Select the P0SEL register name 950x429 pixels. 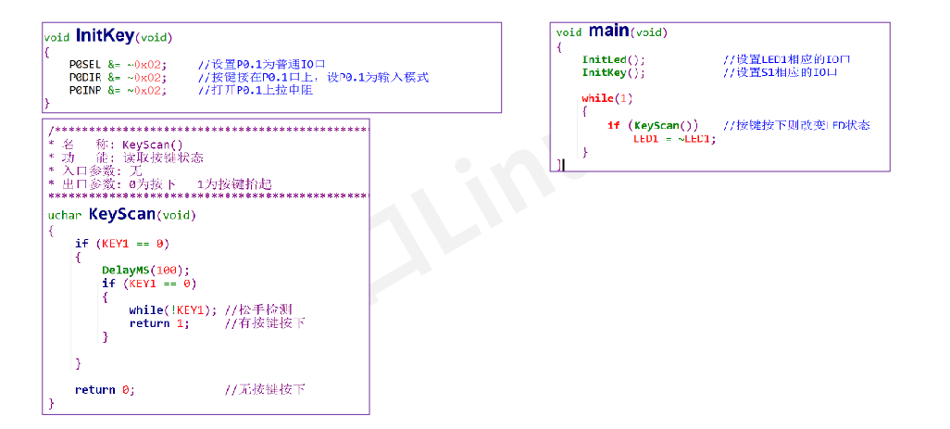(x=85, y=64)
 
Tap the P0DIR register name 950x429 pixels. (x=85, y=77)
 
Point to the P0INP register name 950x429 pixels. (x=85, y=90)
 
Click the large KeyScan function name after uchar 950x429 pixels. (x=121, y=214)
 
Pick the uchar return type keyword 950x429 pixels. (x=64, y=216)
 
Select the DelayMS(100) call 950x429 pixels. (x=145, y=271)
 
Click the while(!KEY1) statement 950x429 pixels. (x=172, y=309)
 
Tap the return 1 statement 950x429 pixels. (x=158, y=322)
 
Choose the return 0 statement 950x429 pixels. (x=105, y=389)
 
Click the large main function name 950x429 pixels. (x=608, y=31)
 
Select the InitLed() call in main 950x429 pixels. (x=612, y=59)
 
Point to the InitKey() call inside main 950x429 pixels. (x=612, y=72)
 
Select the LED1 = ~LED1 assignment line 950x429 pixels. (x=675, y=138)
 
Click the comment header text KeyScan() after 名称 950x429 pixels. (x=153, y=145)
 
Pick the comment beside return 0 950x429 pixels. (x=265, y=389)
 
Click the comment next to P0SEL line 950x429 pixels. (x=262, y=64)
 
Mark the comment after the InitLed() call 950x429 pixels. (x=786, y=59)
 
